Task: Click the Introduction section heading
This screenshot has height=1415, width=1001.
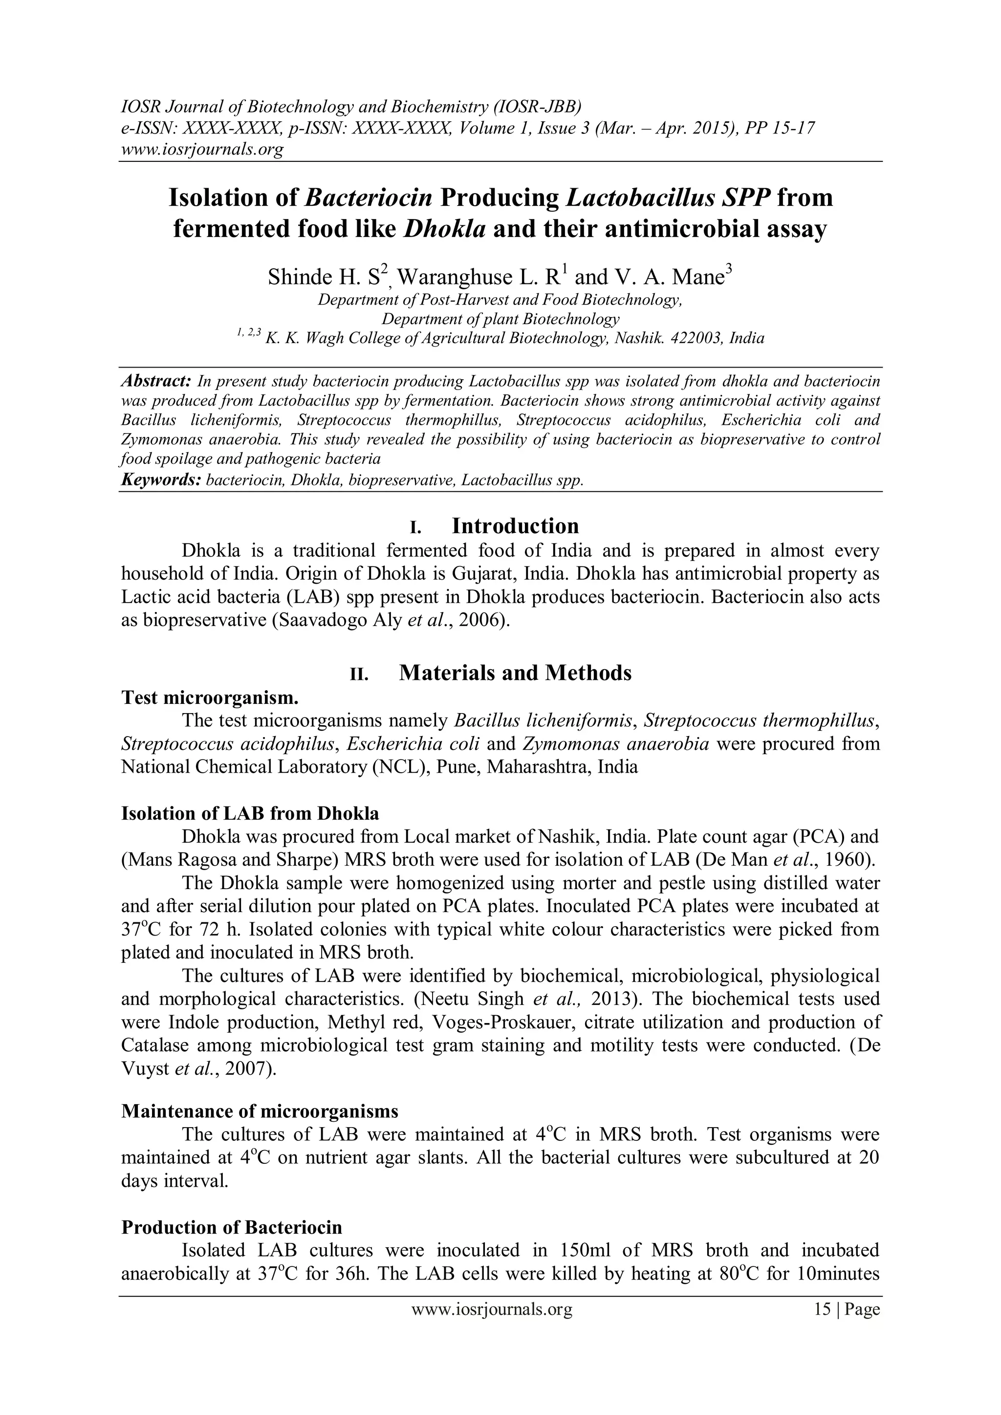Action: coord(515,526)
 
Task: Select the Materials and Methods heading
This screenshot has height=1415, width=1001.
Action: coord(515,673)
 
